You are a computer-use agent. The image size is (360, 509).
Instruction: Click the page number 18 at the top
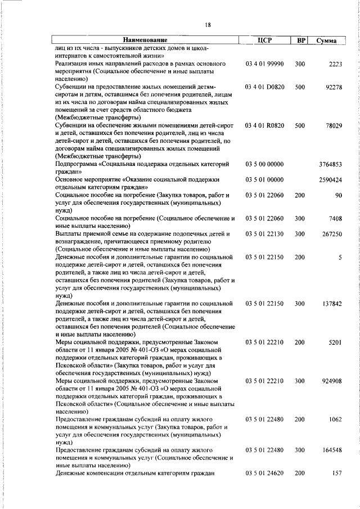[x=208, y=25]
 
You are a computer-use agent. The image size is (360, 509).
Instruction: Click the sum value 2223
[x=334, y=65]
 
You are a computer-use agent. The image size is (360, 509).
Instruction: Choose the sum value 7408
[x=334, y=218]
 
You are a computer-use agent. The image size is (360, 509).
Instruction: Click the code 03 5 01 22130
[x=264, y=233]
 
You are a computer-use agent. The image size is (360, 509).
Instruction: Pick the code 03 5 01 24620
[x=264, y=474]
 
